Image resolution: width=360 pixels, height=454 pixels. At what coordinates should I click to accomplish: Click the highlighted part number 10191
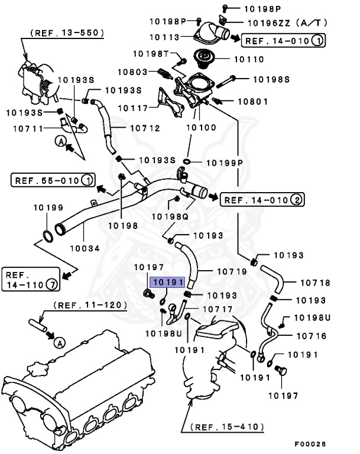(x=168, y=283)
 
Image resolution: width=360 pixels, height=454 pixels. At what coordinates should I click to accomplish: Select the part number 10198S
(x=271, y=78)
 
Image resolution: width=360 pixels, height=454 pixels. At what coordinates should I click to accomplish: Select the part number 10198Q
(x=170, y=218)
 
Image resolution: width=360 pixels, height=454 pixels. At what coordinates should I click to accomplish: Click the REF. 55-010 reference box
(x=53, y=179)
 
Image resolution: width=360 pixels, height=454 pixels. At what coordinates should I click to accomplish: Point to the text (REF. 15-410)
(x=228, y=426)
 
